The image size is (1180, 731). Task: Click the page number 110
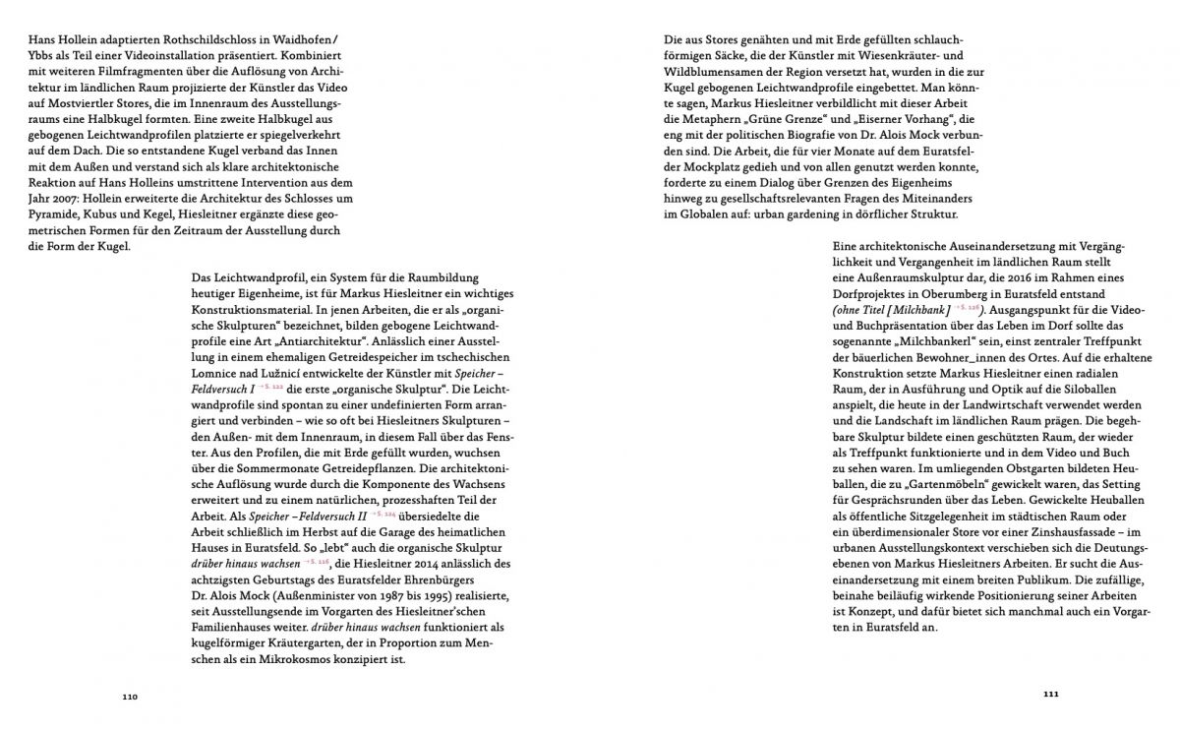pos(130,697)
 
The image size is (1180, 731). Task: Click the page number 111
pos(1049,695)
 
